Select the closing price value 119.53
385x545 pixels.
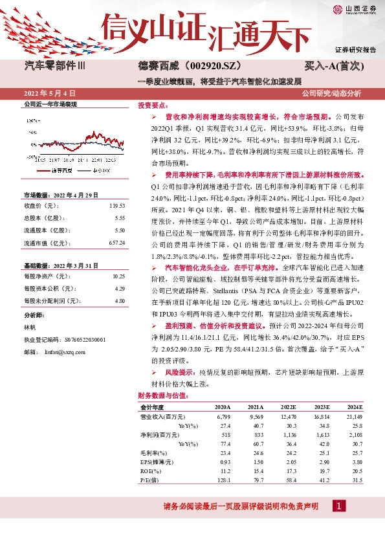coord(116,205)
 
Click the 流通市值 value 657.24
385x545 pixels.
coord(116,243)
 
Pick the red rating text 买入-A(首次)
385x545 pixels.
coord(335,66)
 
